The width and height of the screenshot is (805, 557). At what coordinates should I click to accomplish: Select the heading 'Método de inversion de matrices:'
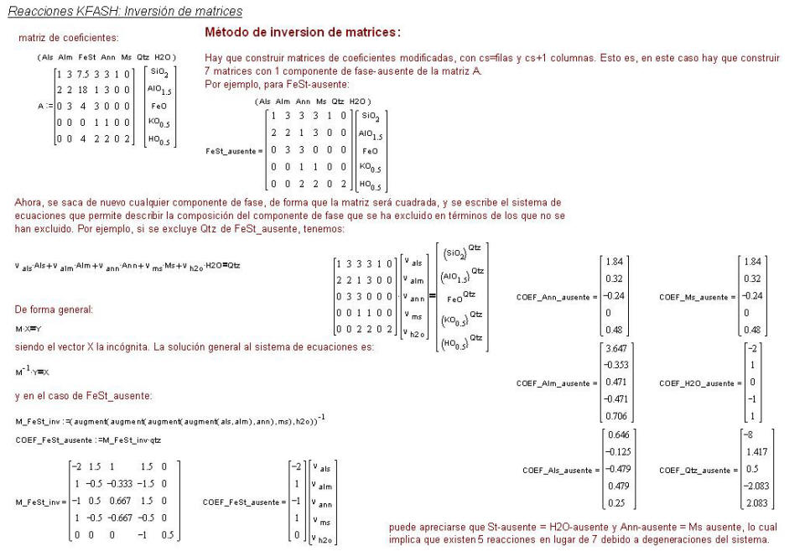[x=303, y=33]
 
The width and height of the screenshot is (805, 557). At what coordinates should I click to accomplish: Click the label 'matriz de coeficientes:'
[x=69, y=38]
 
